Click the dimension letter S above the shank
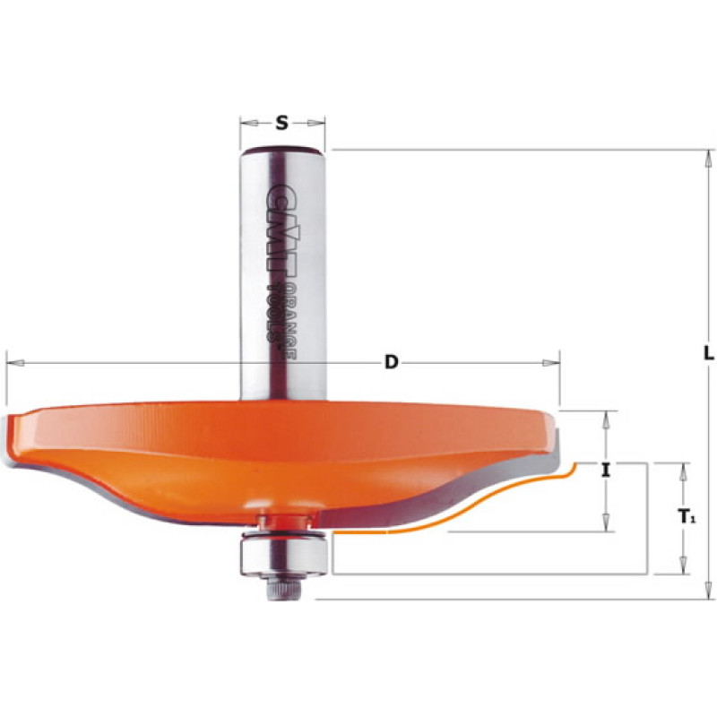point(281,124)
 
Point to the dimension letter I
point(607,469)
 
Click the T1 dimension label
point(685,517)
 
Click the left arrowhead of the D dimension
point(13,362)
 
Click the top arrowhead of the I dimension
point(608,417)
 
